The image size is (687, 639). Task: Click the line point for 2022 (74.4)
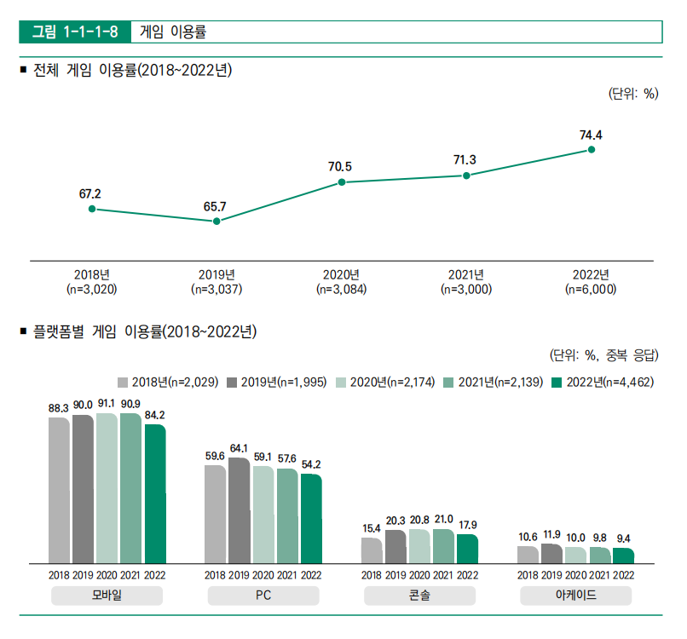[x=591, y=150]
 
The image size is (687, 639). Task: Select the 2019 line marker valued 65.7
[x=216, y=222]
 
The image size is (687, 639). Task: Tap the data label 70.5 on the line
[x=340, y=167]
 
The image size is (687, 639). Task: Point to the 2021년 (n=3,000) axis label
[x=465, y=282]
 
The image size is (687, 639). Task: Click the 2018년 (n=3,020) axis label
[x=91, y=282]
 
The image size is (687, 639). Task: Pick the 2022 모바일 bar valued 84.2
[x=155, y=493]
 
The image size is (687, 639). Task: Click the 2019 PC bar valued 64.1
[x=239, y=510]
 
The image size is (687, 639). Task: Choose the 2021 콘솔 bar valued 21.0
[x=443, y=545]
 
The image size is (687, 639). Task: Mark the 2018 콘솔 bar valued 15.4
[x=372, y=550]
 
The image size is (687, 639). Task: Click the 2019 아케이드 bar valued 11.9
[x=551, y=553]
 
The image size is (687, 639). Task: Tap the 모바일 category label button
[x=107, y=596]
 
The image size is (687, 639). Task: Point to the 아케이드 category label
[x=575, y=596]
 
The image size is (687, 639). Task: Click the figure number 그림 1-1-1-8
[x=74, y=32]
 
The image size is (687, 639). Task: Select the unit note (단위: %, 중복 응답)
[x=603, y=355]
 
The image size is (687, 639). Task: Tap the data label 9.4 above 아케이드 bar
[x=624, y=538]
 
